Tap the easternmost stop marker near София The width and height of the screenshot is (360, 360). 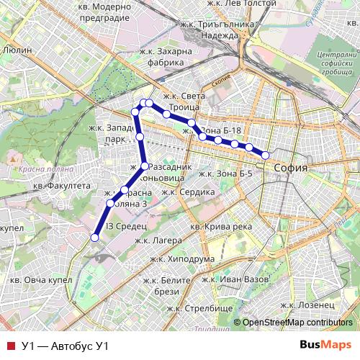(265, 156)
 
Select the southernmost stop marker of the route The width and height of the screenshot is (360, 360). (94, 238)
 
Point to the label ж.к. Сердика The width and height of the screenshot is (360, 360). (189, 192)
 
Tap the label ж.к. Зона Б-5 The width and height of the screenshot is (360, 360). (225, 174)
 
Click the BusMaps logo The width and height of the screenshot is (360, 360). (326, 345)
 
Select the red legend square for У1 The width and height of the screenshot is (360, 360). (9, 346)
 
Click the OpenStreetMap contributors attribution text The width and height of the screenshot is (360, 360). (297, 323)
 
